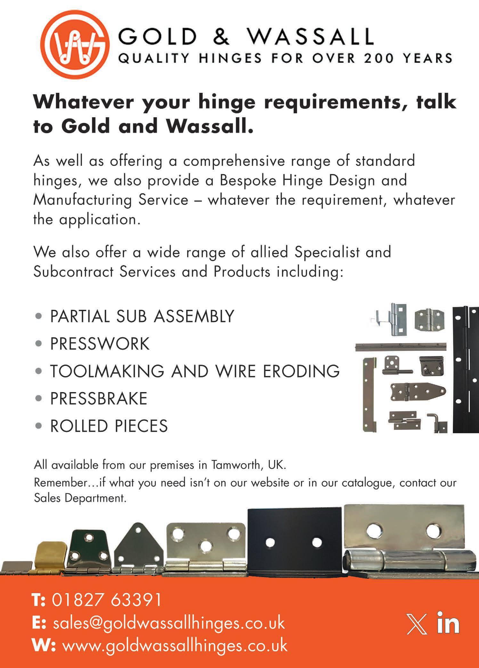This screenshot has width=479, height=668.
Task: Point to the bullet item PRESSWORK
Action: click(x=100, y=343)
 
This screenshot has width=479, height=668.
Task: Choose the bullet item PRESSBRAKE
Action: click(x=99, y=398)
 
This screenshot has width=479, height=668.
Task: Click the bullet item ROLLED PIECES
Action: click(x=109, y=426)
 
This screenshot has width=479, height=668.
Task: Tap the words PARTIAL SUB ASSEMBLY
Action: click(x=142, y=316)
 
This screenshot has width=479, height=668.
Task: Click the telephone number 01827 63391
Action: click(x=107, y=600)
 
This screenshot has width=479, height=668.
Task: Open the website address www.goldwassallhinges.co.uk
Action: click(x=175, y=646)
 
